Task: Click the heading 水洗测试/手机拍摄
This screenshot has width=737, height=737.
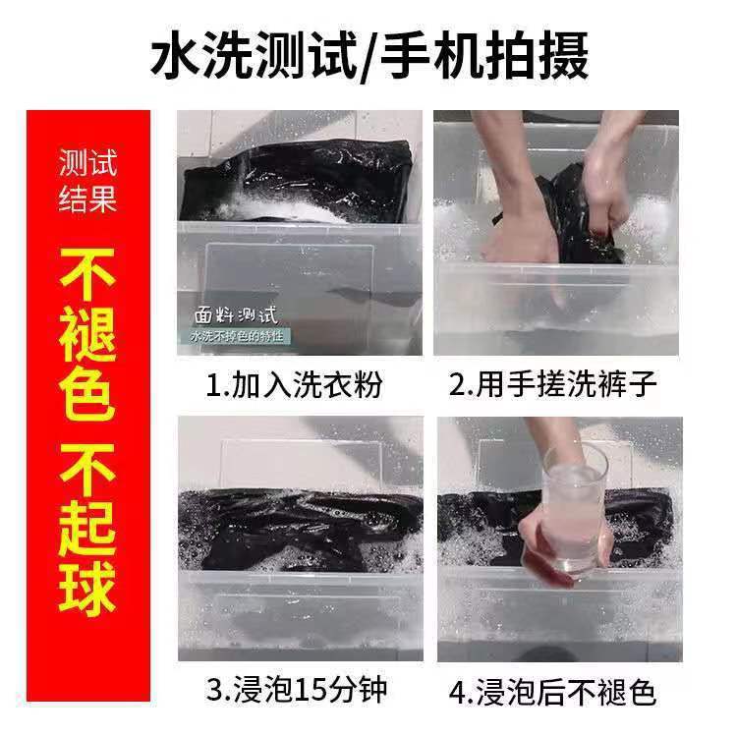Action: coord(368,55)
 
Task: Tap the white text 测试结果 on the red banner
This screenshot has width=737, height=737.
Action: coord(87,181)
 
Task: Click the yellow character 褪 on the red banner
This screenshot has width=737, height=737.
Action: coord(87,334)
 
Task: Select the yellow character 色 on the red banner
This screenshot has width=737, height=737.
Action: coord(87,393)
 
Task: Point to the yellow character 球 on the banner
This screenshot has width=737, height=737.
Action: coord(87,588)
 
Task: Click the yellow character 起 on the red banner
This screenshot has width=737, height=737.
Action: coord(87,529)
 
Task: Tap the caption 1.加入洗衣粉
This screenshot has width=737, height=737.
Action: coord(294,384)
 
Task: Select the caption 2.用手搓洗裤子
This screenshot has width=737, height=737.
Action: coord(552,384)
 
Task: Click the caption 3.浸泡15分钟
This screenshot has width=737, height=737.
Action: coord(297,690)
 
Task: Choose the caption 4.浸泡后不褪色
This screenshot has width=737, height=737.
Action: coord(552,692)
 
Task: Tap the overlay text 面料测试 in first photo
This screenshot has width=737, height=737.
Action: coord(237,315)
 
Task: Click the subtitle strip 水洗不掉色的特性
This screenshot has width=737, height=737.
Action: coord(237,336)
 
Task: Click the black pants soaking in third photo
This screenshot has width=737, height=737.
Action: coord(301,529)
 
